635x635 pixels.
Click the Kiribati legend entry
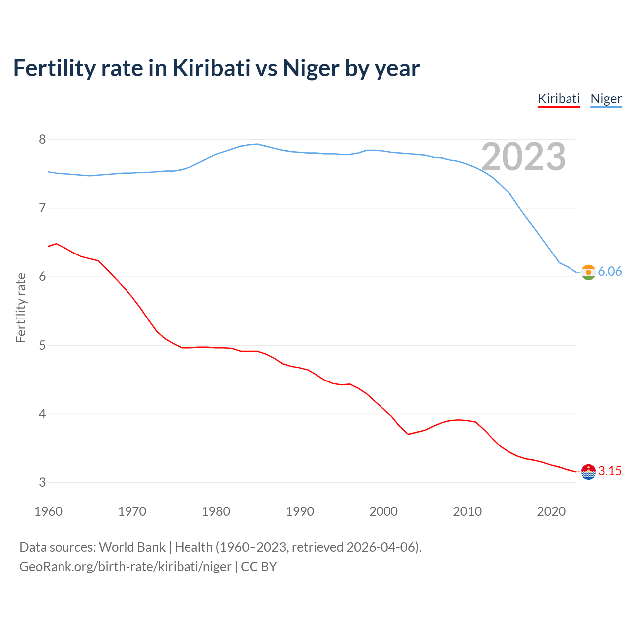pos(559,99)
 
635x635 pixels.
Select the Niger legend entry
pos(606,99)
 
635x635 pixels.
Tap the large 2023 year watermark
pos(523,157)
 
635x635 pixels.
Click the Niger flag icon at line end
pos(588,272)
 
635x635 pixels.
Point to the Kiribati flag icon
pos(588,472)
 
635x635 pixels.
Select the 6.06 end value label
pos(610,272)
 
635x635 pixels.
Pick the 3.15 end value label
pos(610,471)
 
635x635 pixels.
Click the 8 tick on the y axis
pos(42,140)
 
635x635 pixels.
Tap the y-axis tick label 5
pos(42,345)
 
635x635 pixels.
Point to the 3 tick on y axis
pos(42,482)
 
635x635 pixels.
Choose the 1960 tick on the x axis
pos(48,511)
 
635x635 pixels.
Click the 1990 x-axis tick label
pos(300,511)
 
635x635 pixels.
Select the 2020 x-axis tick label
pos(551,511)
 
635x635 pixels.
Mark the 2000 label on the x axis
pos(383,511)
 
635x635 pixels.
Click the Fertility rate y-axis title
pos(21,308)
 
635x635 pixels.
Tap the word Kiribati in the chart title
pos(211,68)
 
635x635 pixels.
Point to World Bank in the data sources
pos(132,547)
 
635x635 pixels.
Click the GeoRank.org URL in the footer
pos(125,567)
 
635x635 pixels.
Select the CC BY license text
pos(259,567)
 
